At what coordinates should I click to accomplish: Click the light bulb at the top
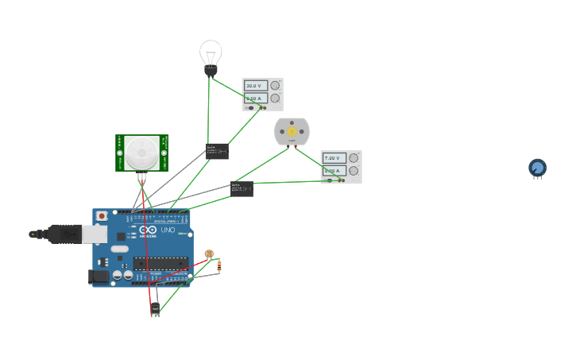click(x=211, y=56)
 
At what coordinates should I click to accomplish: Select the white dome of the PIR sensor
click(x=141, y=151)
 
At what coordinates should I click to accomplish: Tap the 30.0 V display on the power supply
click(x=254, y=86)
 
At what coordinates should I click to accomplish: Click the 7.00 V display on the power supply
click(x=333, y=158)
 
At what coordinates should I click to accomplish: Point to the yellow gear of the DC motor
click(x=292, y=131)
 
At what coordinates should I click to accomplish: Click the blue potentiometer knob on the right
click(x=538, y=168)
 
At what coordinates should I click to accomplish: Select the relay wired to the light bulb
click(x=217, y=150)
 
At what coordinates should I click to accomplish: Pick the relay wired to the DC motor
click(x=242, y=188)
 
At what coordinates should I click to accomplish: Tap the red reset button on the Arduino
click(x=102, y=216)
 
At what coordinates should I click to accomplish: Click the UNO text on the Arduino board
click(x=168, y=230)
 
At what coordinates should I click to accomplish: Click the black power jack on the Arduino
click(x=98, y=276)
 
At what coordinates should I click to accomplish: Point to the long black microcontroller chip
click(x=160, y=263)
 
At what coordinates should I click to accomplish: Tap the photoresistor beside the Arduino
click(x=209, y=254)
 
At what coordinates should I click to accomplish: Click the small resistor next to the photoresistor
click(x=219, y=265)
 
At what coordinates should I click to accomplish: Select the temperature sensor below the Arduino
click(x=155, y=308)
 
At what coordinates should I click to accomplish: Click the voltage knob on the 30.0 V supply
click(x=275, y=85)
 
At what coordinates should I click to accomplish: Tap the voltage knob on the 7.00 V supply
click(x=353, y=157)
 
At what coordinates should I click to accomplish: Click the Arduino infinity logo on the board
click(x=149, y=230)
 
